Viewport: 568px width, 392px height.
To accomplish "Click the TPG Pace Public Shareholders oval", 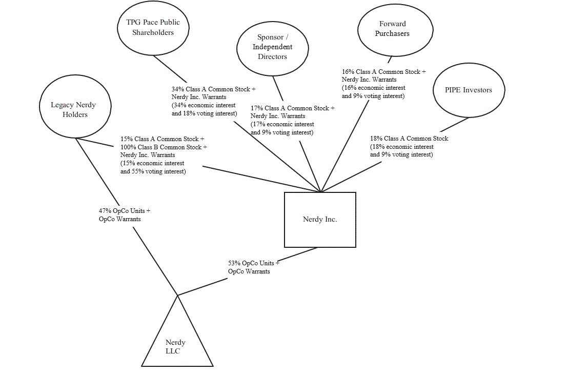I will tap(153, 28).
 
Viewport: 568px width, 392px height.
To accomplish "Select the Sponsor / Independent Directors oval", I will tap(272, 47).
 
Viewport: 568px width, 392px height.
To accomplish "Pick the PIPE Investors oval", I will tap(468, 90).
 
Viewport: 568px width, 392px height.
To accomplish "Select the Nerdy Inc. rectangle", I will tap(320, 220).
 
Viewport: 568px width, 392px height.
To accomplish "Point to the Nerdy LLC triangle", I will tap(176, 344).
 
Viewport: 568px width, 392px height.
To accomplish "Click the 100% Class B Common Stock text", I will tap(162, 147).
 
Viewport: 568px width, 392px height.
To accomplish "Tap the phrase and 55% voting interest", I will tap(153, 172).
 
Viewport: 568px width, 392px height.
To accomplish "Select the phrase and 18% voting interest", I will tap(204, 114).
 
